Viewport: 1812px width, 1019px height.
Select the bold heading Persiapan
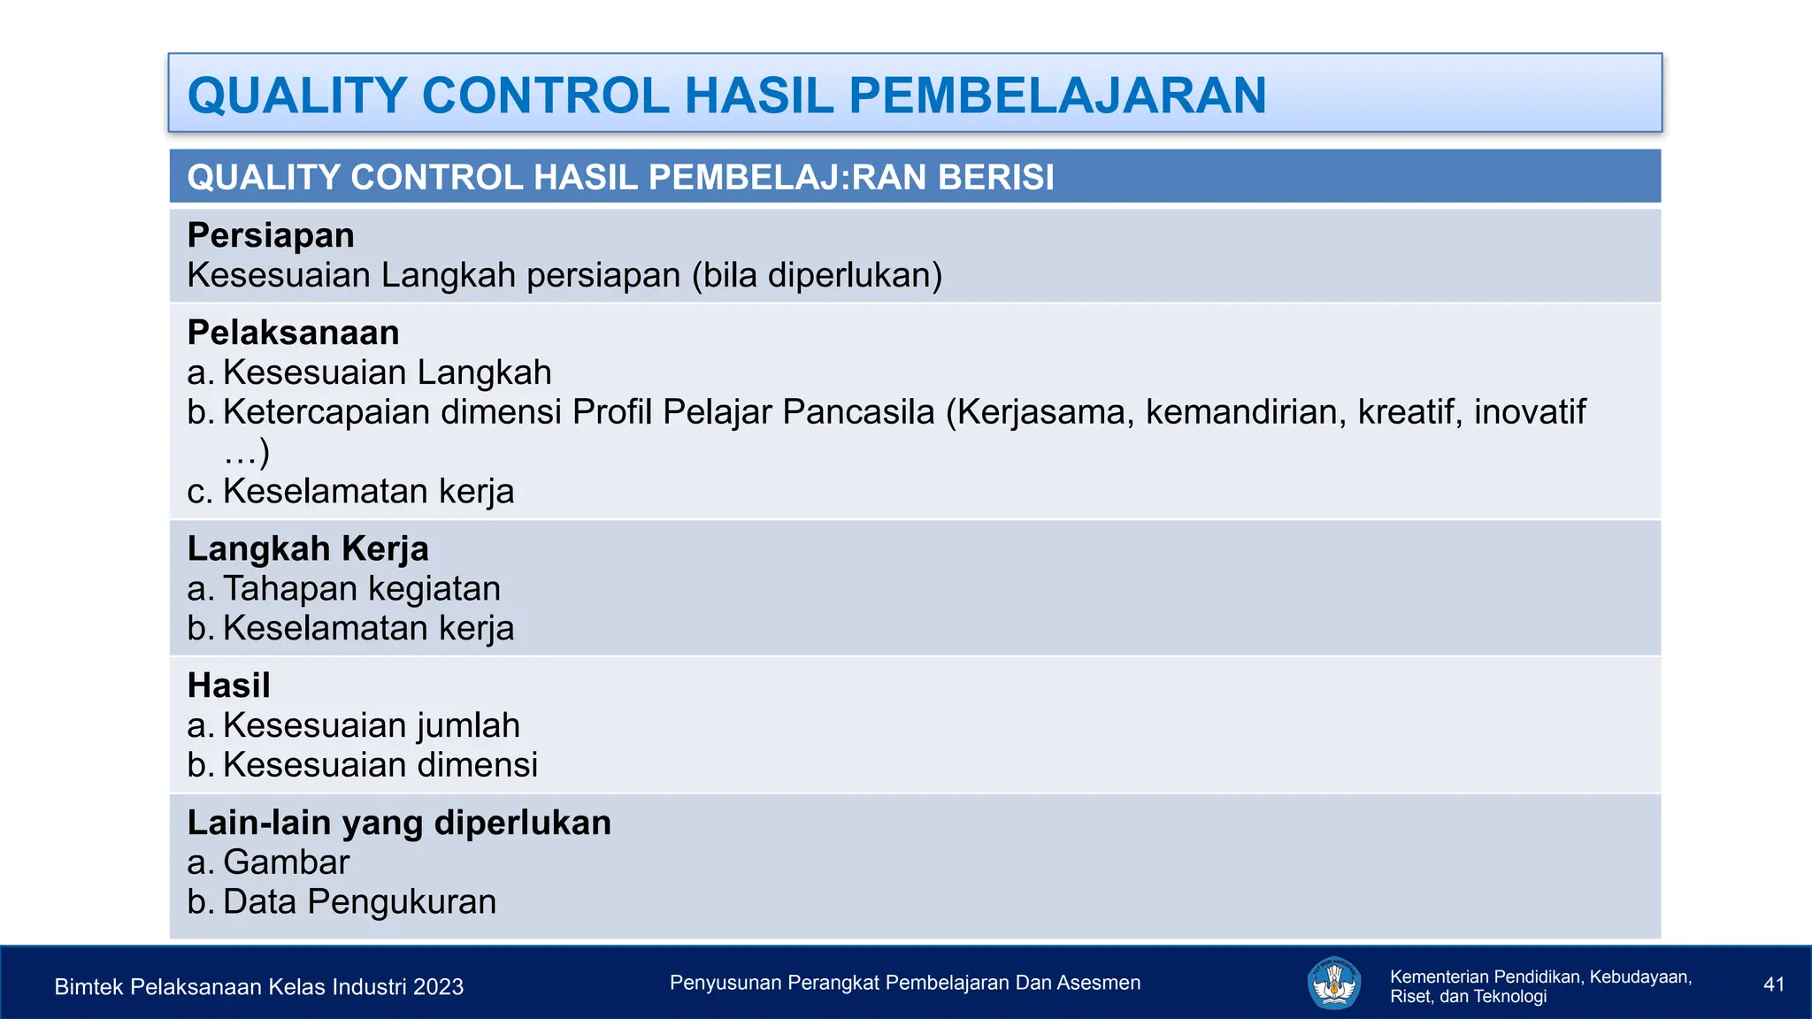tap(271, 235)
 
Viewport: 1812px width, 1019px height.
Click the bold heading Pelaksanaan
tap(293, 333)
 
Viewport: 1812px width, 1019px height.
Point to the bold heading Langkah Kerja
tap(308, 548)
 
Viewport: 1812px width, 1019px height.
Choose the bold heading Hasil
tap(228, 686)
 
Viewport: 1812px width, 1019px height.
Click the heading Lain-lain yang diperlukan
tap(399, 823)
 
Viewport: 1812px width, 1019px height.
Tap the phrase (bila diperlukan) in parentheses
tap(817, 275)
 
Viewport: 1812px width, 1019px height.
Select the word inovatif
tap(1530, 412)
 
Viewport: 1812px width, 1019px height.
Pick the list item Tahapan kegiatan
tap(361, 588)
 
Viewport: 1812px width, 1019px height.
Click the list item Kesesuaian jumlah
tap(371, 725)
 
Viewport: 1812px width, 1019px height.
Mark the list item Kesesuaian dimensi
tap(380, 765)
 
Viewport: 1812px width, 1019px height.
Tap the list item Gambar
tap(286, 862)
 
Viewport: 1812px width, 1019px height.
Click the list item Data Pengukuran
tap(358, 902)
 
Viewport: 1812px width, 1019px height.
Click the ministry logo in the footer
tap(1333, 983)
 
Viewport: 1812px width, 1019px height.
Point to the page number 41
tap(1773, 985)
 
